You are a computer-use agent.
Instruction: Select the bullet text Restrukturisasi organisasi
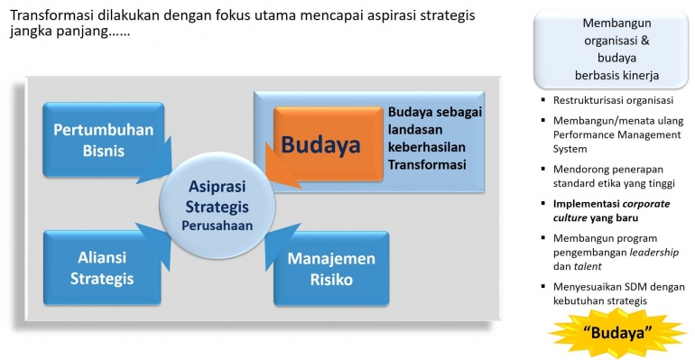coord(614,100)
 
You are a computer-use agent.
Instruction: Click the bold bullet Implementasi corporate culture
coord(612,210)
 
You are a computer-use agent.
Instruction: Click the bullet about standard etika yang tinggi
coord(613,176)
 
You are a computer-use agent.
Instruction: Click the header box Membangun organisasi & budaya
coord(616,48)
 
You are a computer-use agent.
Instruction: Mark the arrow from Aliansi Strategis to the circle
coord(161,236)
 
